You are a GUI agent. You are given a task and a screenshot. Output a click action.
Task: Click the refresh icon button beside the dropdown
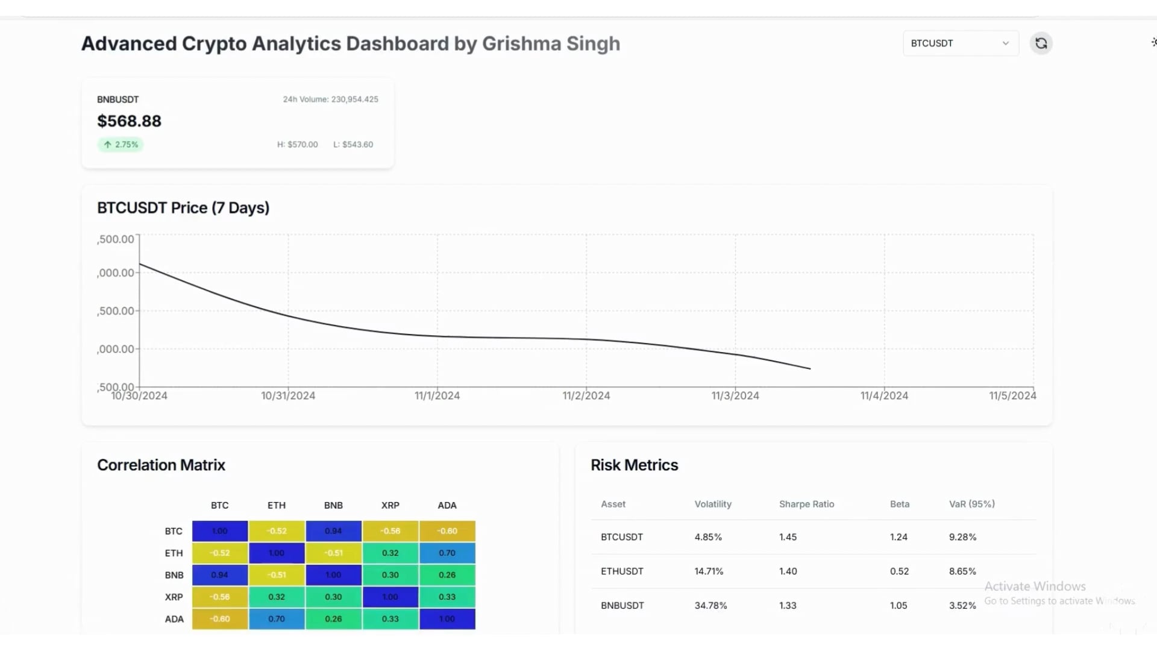tap(1041, 43)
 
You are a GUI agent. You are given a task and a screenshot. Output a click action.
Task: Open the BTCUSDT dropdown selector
tap(960, 43)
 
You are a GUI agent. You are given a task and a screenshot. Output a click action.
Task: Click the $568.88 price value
tap(129, 121)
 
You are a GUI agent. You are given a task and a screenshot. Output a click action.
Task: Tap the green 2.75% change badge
tap(121, 145)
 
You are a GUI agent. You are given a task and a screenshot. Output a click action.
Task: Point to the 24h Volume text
tap(330, 99)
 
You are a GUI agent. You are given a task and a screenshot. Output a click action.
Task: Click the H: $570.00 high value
tap(297, 145)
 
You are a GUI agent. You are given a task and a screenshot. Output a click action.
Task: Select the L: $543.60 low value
tap(353, 145)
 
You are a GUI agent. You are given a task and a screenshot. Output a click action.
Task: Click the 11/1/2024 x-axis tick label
tap(437, 396)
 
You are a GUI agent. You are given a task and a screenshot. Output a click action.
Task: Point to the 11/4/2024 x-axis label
tap(884, 396)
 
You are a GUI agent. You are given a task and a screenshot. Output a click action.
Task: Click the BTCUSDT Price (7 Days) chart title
tap(183, 208)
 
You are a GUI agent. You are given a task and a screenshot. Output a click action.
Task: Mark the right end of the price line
tap(810, 368)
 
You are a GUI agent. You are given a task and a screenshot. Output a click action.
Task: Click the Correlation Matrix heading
tap(161, 465)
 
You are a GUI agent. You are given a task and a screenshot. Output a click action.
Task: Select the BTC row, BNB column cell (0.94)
tap(333, 531)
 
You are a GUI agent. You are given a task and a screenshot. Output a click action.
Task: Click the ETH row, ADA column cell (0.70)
tap(447, 553)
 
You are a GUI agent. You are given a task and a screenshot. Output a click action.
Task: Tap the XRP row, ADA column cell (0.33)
tap(447, 597)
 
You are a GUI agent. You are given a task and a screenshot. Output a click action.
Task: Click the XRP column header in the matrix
tap(390, 506)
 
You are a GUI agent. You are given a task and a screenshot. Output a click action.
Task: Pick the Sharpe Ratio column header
tap(806, 505)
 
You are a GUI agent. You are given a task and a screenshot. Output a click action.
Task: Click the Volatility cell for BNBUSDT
tap(710, 606)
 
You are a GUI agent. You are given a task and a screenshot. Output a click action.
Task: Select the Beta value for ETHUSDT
tap(899, 571)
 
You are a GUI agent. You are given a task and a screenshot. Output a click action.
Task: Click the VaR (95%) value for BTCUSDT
tap(962, 537)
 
